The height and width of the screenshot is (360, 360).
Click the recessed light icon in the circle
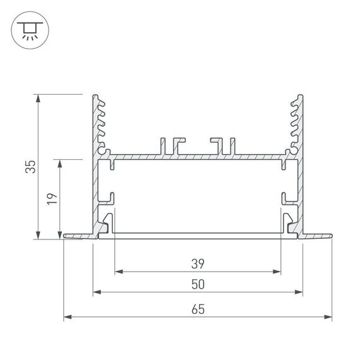point(29,29)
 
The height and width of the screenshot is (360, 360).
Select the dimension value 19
point(53,198)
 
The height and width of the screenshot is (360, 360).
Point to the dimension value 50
point(197,285)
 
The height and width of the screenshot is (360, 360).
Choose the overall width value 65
point(197,309)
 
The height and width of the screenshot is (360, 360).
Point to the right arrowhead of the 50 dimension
point(298,293)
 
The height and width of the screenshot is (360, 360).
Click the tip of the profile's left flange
point(66,237)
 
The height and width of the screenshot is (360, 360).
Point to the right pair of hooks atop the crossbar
point(224,145)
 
